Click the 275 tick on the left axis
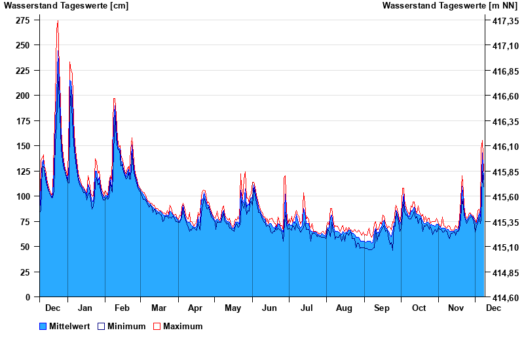point(22,20)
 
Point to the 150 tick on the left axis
point(22,146)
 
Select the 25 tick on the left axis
point(25,272)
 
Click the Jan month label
point(85,308)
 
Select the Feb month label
point(122,308)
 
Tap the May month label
point(233,308)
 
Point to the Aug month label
point(344,308)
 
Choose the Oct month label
point(419,308)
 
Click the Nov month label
point(455,308)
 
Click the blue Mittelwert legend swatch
point(43,326)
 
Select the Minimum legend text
point(126,326)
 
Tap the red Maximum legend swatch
point(157,326)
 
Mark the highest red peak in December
point(58,21)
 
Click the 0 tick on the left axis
point(28,297)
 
